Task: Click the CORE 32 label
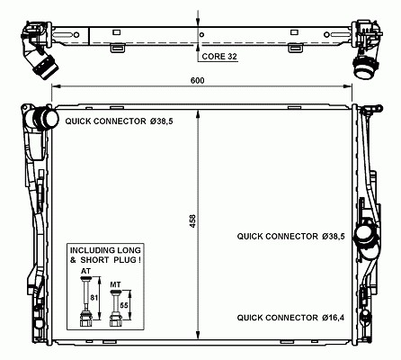tap(219, 57)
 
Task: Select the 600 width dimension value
tap(198, 80)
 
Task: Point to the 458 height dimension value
tap(192, 220)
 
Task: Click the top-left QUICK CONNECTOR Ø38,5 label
tap(120, 121)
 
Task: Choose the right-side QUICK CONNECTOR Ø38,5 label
tap(290, 237)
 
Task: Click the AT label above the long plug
tap(85, 271)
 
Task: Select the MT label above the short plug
tap(115, 284)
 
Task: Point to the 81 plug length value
tap(94, 298)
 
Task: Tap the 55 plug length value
tap(124, 305)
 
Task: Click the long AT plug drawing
tap(85, 301)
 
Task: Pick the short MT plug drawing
tap(115, 308)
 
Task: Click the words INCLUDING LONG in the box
tap(105, 250)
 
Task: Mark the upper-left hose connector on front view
tap(46, 119)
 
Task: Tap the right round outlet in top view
tap(365, 67)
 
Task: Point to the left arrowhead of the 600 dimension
tap(55, 86)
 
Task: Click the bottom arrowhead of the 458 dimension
tap(198, 335)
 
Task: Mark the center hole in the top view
tap(201, 34)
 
